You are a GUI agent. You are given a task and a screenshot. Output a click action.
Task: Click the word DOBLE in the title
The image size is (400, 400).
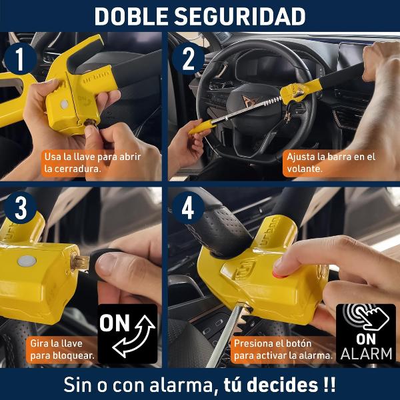131,16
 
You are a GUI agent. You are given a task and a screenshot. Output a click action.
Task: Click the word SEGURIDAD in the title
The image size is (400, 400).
239,16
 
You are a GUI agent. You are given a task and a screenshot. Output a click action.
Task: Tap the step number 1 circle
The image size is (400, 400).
20,59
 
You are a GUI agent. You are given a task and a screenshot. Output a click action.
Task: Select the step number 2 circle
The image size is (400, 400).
188,59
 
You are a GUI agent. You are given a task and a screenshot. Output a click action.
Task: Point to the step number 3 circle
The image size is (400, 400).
20,208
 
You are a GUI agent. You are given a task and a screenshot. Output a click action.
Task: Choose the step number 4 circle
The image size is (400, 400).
188,208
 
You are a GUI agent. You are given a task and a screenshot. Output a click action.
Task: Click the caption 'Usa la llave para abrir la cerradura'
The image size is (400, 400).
93,163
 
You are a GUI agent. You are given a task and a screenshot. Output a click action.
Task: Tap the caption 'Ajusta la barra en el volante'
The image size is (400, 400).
331,163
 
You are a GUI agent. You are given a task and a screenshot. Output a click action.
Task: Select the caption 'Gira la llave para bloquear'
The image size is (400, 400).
62,349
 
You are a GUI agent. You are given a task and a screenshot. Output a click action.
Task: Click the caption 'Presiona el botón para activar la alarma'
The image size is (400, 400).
283,349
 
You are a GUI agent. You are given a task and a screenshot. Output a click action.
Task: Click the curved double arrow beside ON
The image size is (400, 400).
135,336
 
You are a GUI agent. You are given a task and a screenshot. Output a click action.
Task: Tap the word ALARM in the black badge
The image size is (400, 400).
366,354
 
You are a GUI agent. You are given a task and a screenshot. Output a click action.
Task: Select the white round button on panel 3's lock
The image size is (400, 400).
27,261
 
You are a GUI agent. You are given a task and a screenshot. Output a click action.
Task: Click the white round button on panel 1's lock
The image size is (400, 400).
64,104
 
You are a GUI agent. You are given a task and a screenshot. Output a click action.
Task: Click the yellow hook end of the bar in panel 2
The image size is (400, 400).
199,127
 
